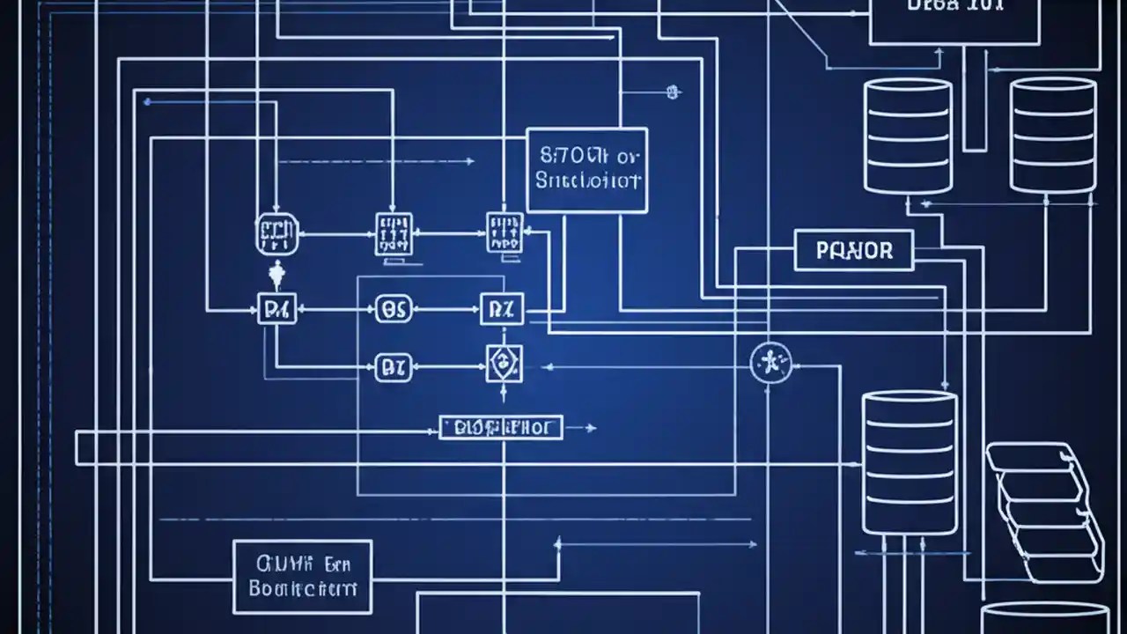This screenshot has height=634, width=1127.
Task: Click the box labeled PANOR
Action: click(x=854, y=250)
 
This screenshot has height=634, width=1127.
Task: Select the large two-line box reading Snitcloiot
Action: click(x=586, y=170)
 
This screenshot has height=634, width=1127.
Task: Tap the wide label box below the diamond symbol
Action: click(x=500, y=428)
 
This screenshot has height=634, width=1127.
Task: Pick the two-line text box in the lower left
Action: click(x=302, y=577)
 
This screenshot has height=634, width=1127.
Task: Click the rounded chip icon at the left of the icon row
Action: click(x=276, y=233)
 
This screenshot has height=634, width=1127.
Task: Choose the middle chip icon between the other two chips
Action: click(x=392, y=234)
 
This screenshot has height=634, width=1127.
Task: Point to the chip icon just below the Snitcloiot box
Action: click(x=505, y=233)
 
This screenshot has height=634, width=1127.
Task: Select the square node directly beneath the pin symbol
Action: click(x=276, y=309)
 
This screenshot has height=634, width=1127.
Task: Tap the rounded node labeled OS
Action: click(x=393, y=309)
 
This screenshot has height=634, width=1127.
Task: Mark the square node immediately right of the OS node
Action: click(x=503, y=309)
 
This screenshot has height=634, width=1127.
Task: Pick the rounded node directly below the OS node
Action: click(x=393, y=367)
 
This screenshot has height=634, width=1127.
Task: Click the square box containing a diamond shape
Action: click(x=505, y=364)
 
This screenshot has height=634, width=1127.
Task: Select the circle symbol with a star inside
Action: click(x=770, y=362)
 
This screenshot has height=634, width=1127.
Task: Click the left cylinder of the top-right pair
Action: click(x=908, y=136)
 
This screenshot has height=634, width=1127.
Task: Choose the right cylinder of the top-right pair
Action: click(x=1052, y=136)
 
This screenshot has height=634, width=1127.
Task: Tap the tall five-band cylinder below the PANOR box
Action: click(x=909, y=463)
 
